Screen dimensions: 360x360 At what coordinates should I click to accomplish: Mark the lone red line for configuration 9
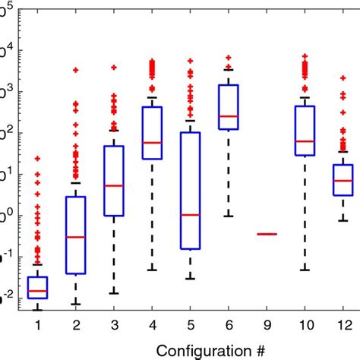(267, 234)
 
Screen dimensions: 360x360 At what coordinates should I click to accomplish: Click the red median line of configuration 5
(190, 215)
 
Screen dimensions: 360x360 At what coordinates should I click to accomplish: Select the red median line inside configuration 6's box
(228, 116)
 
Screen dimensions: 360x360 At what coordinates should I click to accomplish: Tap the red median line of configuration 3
(114, 185)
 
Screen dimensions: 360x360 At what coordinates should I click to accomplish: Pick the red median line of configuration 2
(75, 237)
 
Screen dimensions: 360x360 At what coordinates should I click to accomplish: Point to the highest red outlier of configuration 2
(75, 70)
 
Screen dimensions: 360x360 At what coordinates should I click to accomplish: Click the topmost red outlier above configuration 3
(114, 68)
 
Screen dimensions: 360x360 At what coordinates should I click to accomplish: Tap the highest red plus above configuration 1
(37, 159)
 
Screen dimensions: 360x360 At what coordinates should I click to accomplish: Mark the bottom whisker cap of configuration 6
(228, 216)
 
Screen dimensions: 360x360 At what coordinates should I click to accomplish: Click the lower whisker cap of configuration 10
(305, 270)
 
